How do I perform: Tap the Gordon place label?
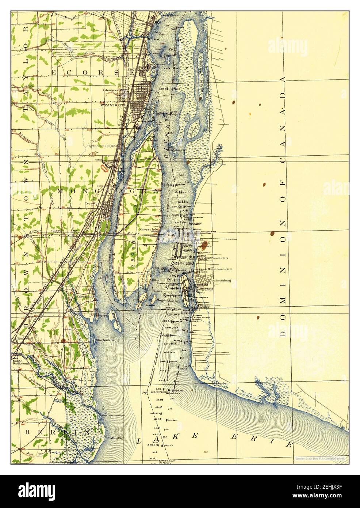pyautogui.click(x=203, y=243)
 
